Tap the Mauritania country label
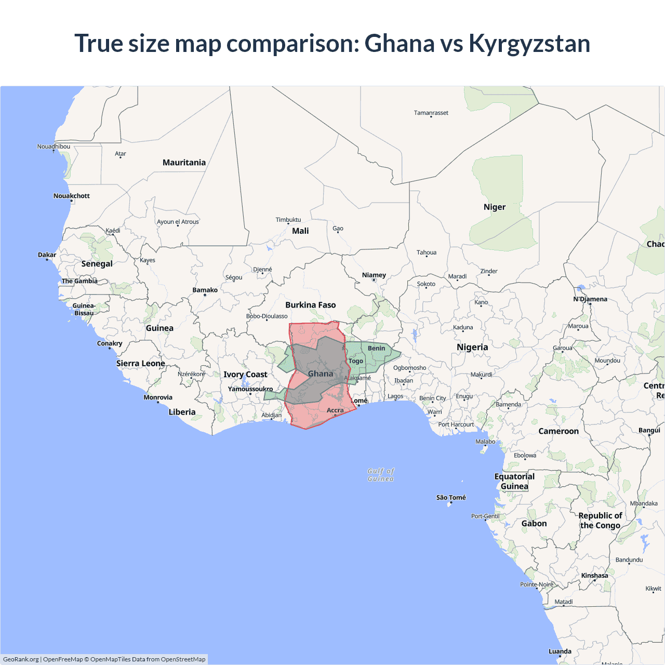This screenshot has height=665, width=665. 184,163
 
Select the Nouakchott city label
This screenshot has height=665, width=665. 72,196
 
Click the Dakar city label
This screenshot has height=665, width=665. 47,255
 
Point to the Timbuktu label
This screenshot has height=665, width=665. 288,220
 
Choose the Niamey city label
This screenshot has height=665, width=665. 374,275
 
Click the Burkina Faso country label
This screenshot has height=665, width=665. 310,305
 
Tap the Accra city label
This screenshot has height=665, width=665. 335,410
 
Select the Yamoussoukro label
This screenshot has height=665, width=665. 250,389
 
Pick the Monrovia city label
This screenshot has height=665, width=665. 158,397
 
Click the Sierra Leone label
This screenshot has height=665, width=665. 140,364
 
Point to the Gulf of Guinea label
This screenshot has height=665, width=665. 381,475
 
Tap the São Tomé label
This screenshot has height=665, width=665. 451,498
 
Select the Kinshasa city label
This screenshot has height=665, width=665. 594,576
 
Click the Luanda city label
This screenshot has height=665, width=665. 560,651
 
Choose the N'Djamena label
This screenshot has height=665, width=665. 590,299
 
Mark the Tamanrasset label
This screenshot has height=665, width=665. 431,113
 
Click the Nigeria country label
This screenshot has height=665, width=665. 472,347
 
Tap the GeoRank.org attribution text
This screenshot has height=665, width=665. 21,659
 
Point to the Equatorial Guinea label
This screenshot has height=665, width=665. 514,482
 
